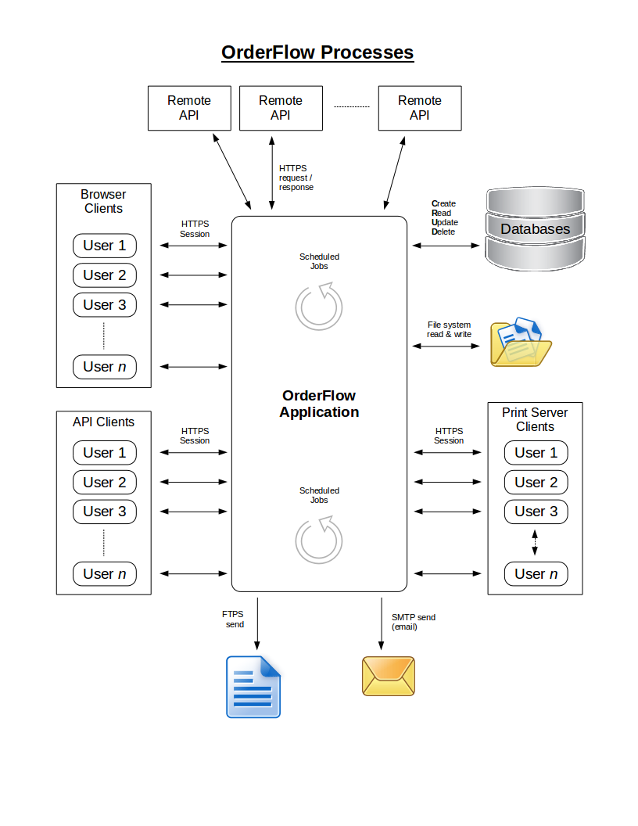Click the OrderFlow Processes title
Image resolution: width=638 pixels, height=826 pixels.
point(317,52)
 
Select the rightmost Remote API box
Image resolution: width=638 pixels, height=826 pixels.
point(419,108)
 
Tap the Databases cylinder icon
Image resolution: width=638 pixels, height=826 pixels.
point(535,228)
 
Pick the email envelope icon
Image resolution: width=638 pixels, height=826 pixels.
point(389,676)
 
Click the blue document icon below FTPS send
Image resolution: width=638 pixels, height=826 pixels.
point(253,687)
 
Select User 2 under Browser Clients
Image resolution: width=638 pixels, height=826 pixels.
point(104,275)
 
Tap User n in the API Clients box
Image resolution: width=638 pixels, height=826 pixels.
point(104,574)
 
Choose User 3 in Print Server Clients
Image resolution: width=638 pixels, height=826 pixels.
point(536,512)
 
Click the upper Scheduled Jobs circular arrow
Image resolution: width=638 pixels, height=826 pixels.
point(319,306)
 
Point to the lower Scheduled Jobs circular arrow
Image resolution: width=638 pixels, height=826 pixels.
point(319,540)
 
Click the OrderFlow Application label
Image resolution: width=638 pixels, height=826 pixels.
point(319,404)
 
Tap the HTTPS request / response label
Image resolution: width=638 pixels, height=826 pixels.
point(296,178)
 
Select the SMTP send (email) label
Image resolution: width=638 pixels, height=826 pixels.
point(413,622)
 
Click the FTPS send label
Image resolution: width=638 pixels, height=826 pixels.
point(234,619)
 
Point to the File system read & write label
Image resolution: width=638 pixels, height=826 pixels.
point(449,329)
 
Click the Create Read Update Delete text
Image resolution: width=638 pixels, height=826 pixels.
point(444,217)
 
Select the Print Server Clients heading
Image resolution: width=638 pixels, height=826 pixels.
point(535,419)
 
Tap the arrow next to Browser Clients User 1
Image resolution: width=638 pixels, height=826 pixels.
point(193,246)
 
